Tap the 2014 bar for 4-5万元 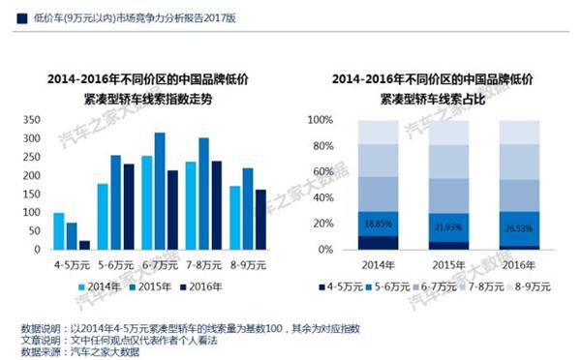pyautogui.click(x=59, y=231)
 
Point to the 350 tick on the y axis pyautogui.click(x=31, y=120)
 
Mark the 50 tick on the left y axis pyautogui.click(x=34, y=231)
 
